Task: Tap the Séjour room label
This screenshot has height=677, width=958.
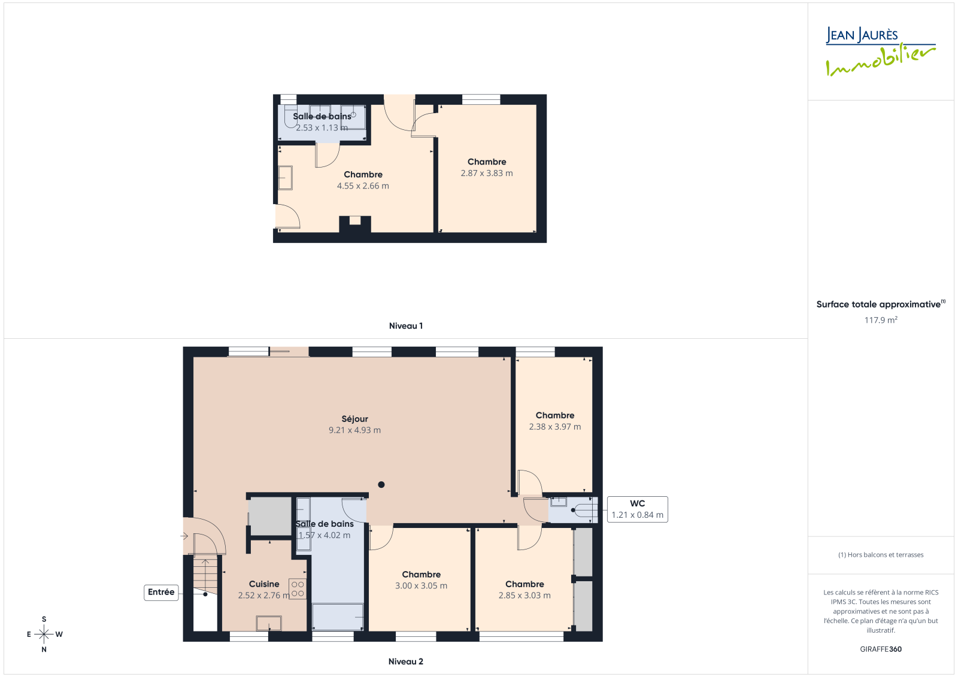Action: pyautogui.click(x=354, y=419)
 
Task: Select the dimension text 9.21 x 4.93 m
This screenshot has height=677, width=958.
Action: pyautogui.click(x=354, y=430)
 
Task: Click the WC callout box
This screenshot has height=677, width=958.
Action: pyautogui.click(x=637, y=509)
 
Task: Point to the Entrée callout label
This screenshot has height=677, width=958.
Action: pyautogui.click(x=161, y=593)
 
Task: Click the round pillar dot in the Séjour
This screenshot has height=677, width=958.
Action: pyautogui.click(x=381, y=484)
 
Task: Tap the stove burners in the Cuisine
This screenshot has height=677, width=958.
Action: pyautogui.click(x=298, y=589)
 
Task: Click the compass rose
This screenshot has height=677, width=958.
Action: pyautogui.click(x=44, y=635)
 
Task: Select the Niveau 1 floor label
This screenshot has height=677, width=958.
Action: pyautogui.click(x=406, y=326)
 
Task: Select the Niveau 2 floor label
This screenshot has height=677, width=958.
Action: pyautogui.click(x=406, y=661)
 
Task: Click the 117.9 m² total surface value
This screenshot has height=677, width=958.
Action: pyautogui.click(x=881, y=320)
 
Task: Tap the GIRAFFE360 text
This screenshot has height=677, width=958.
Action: pyautogui.click(x=881, y=649)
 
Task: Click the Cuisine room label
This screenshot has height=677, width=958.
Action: pyautogui.click(x=264, y=584)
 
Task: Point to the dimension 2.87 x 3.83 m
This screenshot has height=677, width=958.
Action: pyautogui.click(x=487, y=173)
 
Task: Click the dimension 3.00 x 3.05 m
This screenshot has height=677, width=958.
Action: pyautogui.click(x=422, y=586)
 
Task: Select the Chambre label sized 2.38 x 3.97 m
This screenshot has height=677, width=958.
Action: pyautogui.click(x=555, y=415)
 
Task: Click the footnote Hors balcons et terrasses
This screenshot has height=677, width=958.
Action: pyautogui.click(x=881, y=555)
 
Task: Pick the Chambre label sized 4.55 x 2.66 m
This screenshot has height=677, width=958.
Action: pyautogui.click(x=363, y=175)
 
